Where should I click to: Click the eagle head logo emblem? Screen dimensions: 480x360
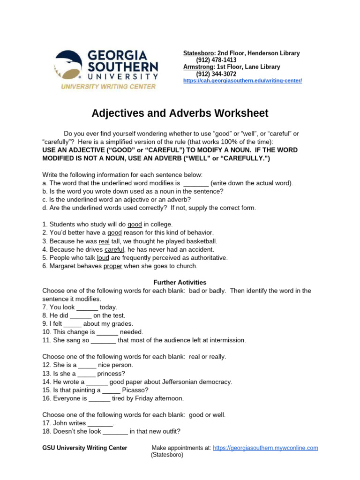69,64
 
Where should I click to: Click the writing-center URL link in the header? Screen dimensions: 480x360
242,81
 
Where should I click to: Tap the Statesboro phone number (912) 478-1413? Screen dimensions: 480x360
216,60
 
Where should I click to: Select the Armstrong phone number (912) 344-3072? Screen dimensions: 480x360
216,74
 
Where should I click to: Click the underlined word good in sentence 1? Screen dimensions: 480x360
135,224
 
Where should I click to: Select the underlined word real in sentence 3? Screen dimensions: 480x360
104,241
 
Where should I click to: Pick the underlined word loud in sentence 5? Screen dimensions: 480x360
103,258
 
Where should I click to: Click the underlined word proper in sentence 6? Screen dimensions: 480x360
112,266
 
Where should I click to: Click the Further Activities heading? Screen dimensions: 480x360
180,282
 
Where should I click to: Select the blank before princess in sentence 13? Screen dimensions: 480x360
87,374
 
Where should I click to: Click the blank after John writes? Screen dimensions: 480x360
100,423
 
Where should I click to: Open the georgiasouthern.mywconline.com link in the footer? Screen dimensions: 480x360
265,448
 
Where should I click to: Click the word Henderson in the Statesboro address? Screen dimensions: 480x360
266,53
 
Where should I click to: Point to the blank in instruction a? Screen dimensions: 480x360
196,184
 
